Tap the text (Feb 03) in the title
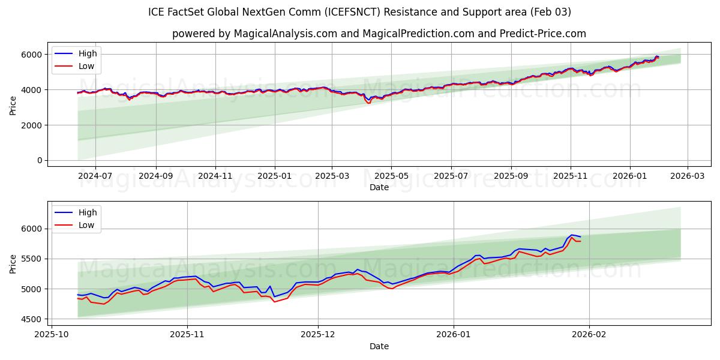pos(550,12)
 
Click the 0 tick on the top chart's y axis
pos(39,160)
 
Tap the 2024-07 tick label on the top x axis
pos(96,176)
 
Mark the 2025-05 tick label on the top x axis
pos(391,176)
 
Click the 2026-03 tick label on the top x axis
pos(687,176)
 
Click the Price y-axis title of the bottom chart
pos(13,263)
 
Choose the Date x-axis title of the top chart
pos(379,187)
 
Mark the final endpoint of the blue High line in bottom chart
pos(580,237)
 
